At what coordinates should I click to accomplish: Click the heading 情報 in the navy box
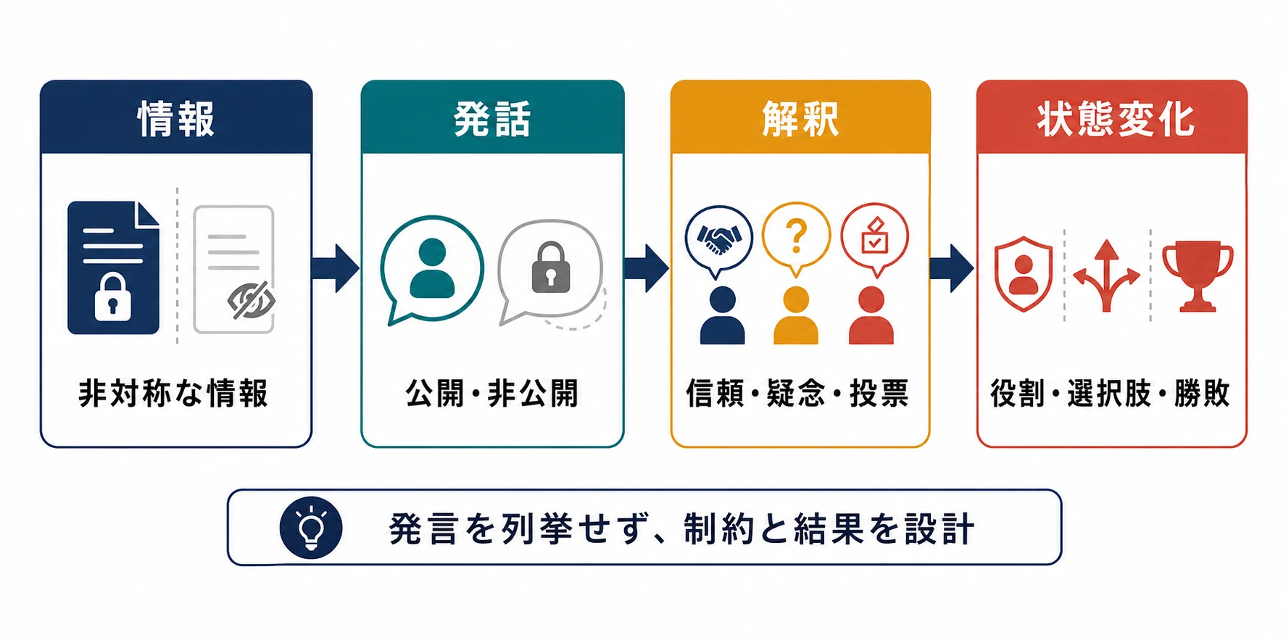[176, 119]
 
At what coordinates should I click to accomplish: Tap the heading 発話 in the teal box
[492, 119]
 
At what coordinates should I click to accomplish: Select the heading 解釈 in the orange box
[800, 119]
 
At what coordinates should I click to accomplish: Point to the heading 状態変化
[1115, 119]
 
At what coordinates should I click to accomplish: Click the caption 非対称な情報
[174, 394]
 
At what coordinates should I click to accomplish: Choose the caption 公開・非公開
[492, 394]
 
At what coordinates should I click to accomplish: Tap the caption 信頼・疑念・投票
[797, 394]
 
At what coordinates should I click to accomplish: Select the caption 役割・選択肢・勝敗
[1111, 394]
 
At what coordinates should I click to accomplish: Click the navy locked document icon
[113, 267]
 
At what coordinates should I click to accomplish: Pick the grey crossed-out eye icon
[251, 299]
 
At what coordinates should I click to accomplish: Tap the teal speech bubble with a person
[432, 270]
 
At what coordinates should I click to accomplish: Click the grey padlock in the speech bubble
[551, 267]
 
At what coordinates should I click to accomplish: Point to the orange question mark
[796, 236]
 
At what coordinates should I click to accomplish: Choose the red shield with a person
[1023, 274]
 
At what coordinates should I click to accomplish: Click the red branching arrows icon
[1106, 276]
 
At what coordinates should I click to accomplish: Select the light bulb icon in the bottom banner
[311, 528]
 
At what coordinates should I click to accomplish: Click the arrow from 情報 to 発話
[336, 268]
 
